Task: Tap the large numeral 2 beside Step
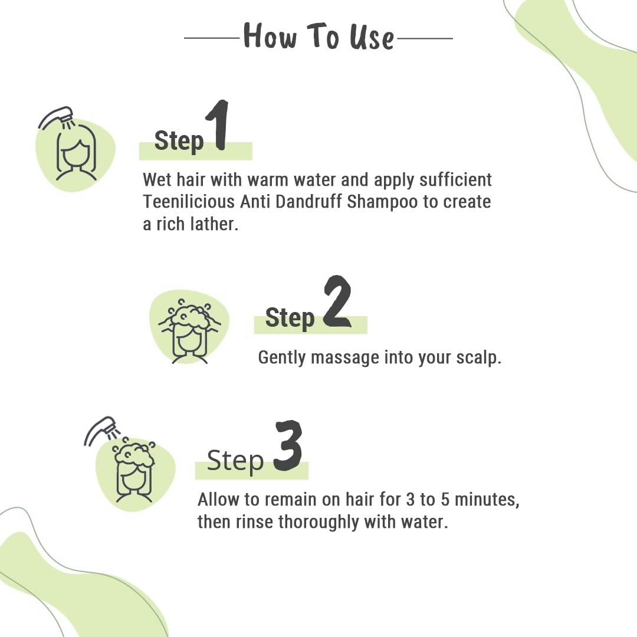click(x=337, y=302)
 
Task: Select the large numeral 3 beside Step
click(x=287, y=446)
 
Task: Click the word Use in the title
click(x=371, y=37)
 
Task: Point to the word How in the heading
click(x=269, y=37)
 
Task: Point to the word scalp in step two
click(x=478, y=357)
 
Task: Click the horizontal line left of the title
click(x=212, y=38)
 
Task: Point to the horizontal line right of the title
click(x=425, y=38)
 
